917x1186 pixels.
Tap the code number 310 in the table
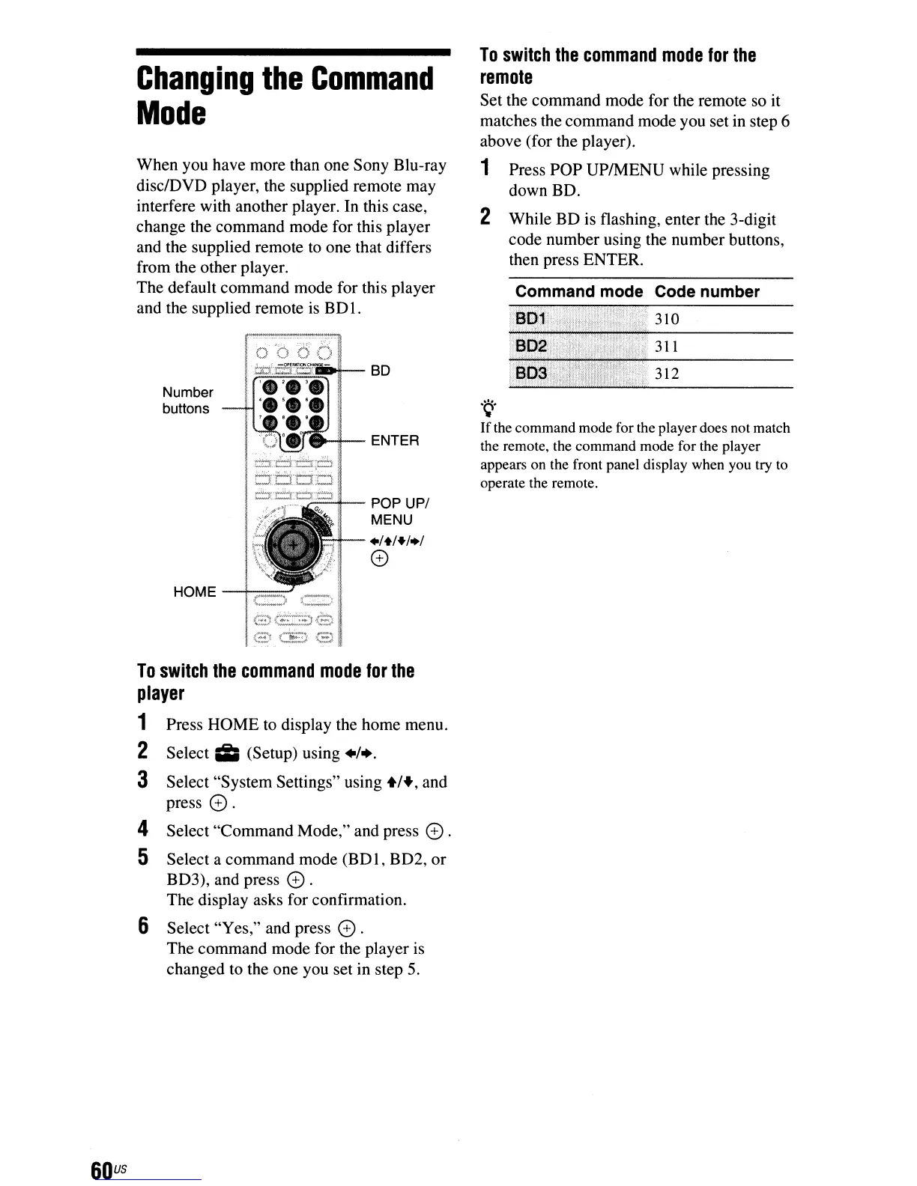(x=667, y=319)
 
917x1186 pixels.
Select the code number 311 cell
(x=667, y=347)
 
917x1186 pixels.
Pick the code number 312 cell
(x=667, y=374)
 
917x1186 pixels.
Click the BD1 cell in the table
(x=531, y=319)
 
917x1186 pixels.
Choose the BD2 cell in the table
(x=532, y=347)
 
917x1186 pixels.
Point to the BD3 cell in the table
(x=532, y=374)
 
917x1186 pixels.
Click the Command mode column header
(x=578, y=292)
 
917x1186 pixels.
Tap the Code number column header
(x=706, y=292)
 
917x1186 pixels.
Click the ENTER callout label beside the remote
(x=395, y=440)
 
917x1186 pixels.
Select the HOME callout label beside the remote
(x=194, y=592)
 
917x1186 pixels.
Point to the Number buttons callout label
(x=187, y=401)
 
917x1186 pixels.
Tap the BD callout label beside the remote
(x=381, y=371)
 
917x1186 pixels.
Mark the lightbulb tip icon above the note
(x=490, y=407)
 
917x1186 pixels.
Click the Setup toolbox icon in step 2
(x=226, y=753)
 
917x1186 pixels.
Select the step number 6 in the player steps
(x=142, y=927)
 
